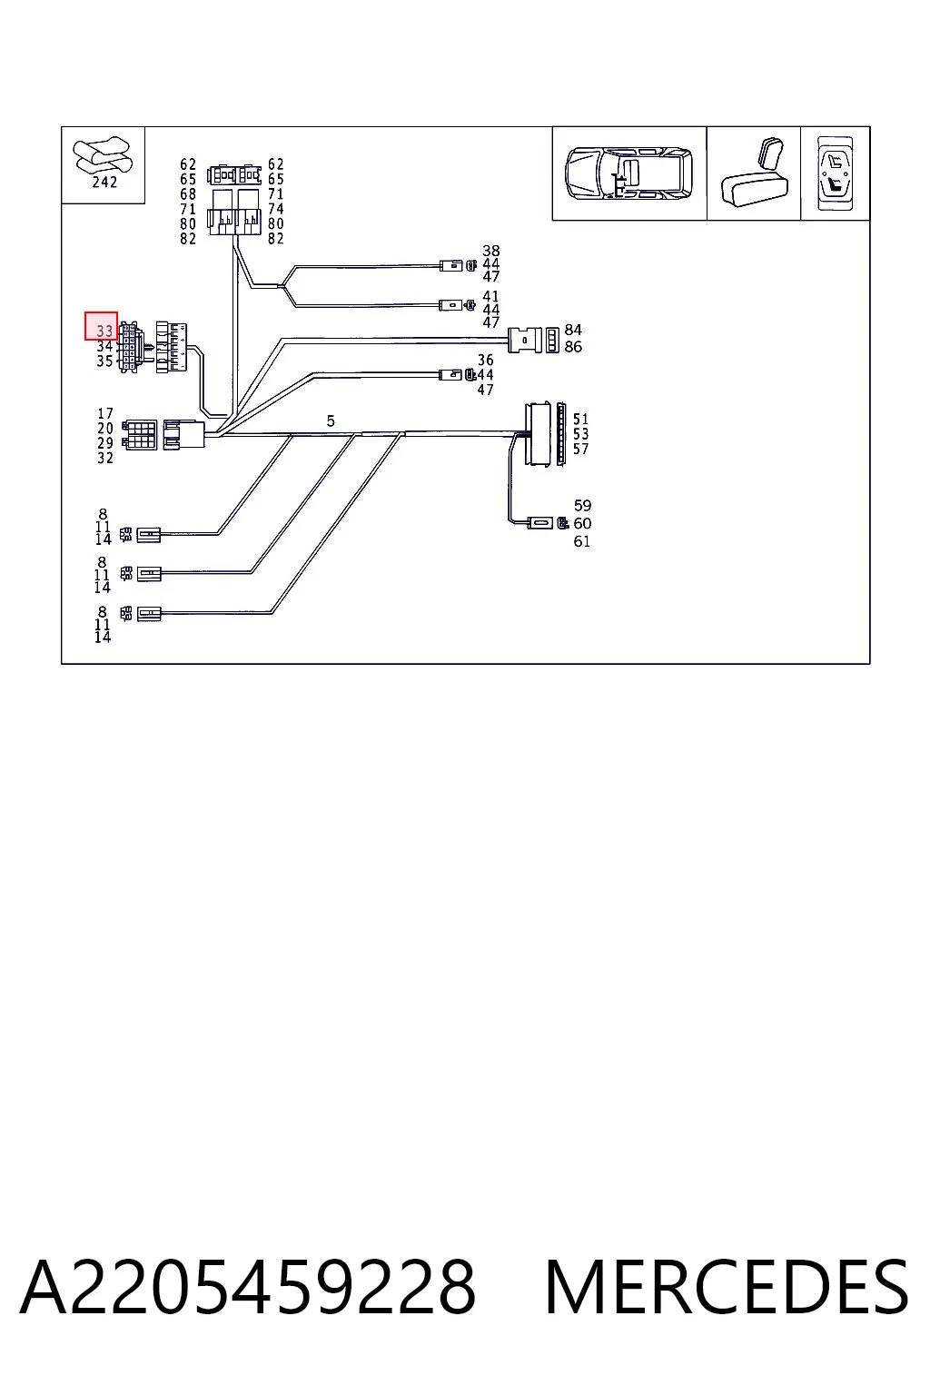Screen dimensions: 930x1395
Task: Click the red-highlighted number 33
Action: (104, 331)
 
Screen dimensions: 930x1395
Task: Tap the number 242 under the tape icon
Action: (104, 182)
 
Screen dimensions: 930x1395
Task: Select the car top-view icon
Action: (628, 173)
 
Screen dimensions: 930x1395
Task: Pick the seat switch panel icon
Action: (836, 173)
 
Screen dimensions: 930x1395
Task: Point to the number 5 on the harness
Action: (331, 421)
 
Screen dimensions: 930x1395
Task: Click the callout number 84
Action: (573, 330)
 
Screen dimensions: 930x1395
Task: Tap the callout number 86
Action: (573, 346)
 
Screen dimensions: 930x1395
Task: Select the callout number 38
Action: (490, 251)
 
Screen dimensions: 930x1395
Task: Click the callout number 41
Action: (490, 296)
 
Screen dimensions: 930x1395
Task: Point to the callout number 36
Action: (485, 360)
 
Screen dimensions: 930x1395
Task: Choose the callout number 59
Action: (582, 505)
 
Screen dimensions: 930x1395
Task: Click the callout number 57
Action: (580, 449)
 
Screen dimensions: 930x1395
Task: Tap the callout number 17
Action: (105, 413)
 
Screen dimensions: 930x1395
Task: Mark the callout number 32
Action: (105, 458)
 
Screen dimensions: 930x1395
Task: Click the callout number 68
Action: (187, 193)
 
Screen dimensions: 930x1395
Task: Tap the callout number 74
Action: (275, 209)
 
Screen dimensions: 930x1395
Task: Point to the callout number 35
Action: (104, 361)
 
